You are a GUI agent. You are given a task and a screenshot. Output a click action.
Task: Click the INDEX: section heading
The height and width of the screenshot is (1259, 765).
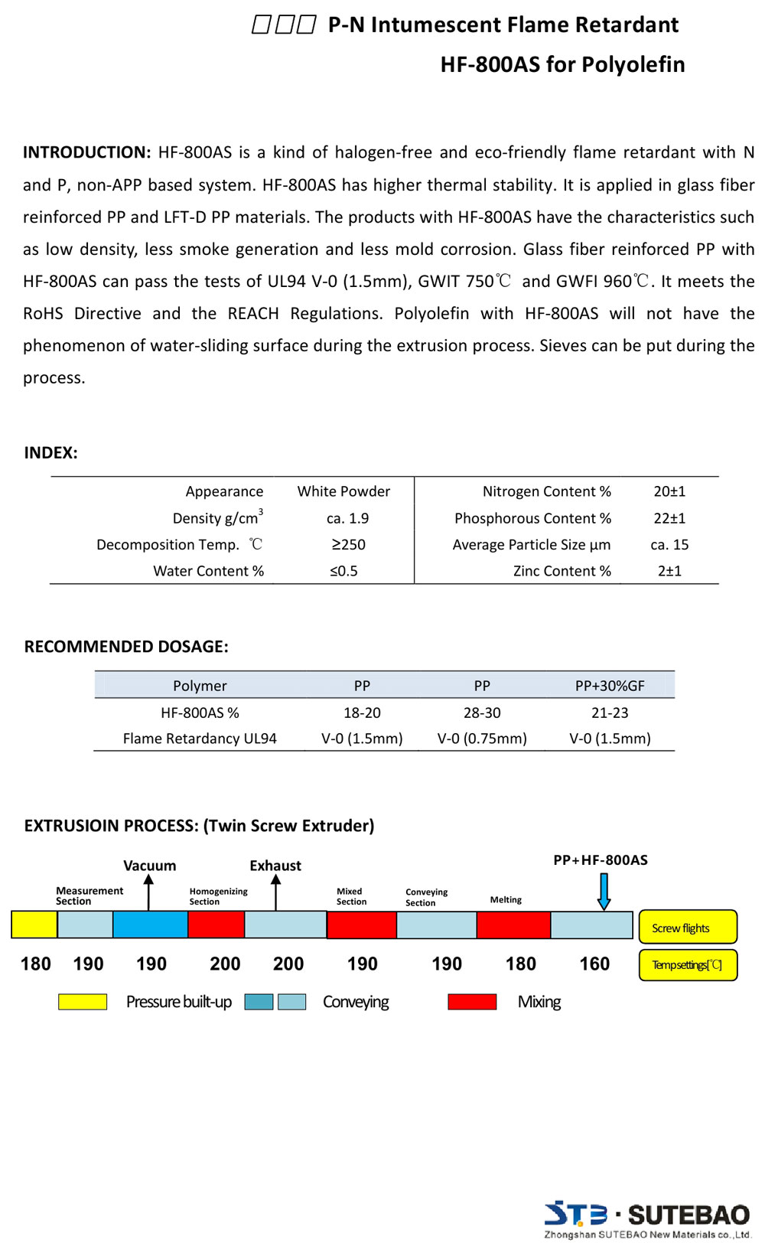[50, 452]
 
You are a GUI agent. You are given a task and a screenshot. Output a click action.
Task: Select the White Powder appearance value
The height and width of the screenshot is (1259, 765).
[343, 491]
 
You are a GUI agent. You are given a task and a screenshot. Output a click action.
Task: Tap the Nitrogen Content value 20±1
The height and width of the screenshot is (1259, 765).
[669, 491]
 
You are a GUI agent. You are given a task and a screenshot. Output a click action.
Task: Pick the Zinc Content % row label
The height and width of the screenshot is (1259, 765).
[562, 571]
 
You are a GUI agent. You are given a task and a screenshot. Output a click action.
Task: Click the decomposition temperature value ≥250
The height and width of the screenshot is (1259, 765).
[348, 544]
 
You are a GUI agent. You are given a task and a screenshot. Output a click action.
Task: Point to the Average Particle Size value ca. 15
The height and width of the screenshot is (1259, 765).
[669, 544]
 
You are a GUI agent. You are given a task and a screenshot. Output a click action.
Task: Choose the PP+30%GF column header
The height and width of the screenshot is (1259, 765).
[610, 686]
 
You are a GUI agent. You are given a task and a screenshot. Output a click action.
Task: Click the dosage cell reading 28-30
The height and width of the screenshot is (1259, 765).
[482, 713]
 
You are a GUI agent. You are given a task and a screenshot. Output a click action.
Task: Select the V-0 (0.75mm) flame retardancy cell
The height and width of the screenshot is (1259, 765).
[482, 739]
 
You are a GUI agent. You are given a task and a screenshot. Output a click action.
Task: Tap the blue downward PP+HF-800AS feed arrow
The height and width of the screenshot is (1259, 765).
[604, 892]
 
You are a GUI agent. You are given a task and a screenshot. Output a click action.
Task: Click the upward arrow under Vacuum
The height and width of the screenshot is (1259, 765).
[149, 892]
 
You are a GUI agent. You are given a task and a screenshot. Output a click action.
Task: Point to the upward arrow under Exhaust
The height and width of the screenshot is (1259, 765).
[276, 892]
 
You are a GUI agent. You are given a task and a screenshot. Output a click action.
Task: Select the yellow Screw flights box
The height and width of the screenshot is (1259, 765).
[688, 927]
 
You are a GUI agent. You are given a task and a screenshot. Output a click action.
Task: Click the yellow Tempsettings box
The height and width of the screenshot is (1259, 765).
[688, 964]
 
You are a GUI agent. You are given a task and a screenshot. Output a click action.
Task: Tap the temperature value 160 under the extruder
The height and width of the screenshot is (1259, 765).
[594, 964]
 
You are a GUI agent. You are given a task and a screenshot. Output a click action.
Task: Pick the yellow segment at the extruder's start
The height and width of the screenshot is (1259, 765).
[34, 925]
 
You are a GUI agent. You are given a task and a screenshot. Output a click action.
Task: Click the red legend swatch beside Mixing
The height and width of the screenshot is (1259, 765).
[472, 1001]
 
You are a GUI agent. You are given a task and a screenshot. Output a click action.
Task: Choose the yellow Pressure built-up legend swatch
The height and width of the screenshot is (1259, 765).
[83, 1001]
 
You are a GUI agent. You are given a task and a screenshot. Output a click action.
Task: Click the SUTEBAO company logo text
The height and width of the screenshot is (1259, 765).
[688, 1215]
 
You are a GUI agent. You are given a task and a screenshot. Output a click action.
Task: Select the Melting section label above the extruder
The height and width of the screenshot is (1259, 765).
[506, 900]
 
